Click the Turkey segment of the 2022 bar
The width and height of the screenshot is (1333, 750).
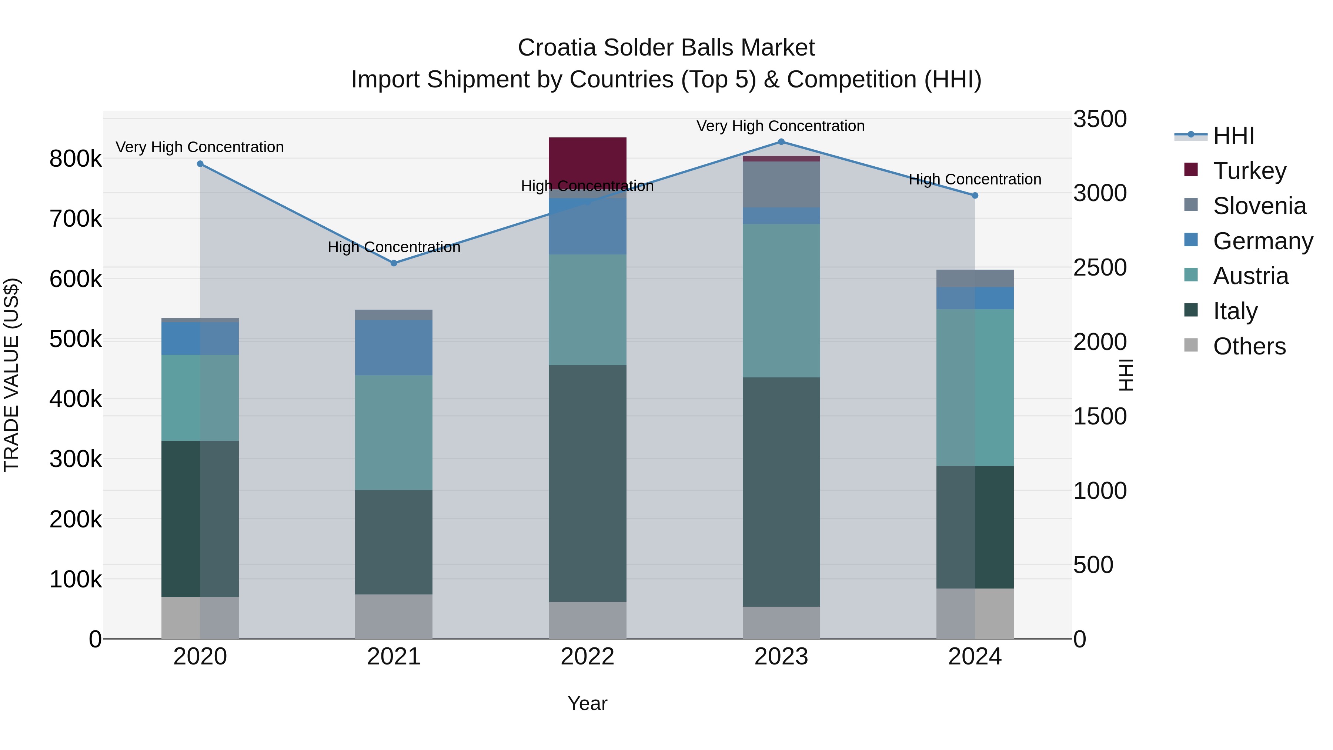point(587,160)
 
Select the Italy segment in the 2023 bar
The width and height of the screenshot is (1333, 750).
point(781,492)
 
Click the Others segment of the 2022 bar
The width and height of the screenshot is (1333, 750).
point(587,620)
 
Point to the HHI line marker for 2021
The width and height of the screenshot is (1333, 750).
point(394,263)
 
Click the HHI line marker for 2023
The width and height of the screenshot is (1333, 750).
point(781,142)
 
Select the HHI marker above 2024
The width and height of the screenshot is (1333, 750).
point(975,196)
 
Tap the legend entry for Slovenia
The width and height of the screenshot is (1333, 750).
point(1259,206)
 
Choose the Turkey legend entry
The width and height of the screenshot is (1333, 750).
point(1249,171)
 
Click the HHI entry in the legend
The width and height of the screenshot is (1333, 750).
point(1233,136)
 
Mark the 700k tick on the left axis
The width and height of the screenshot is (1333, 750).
point(76,219)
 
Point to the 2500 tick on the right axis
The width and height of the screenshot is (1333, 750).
point(1100,268)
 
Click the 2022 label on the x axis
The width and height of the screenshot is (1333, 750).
point(587,657)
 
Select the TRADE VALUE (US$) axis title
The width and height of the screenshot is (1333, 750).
point(12,375)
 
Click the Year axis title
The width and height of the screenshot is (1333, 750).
point(587,703)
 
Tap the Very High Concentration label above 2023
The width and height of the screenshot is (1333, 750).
point(780,126)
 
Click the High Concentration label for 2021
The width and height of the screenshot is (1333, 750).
point(394,247)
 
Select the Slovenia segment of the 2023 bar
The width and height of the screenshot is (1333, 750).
point(781,184)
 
